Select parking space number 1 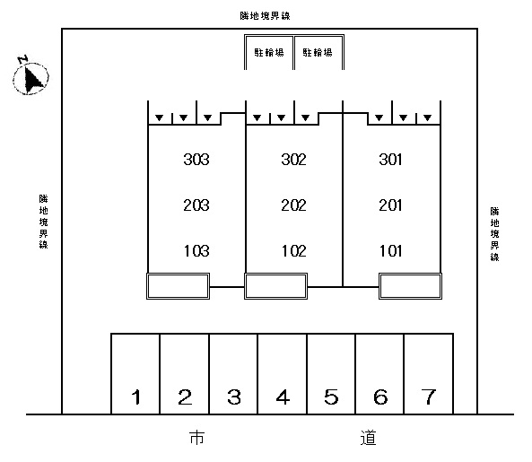click(x=135, y=374)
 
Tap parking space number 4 click(x=283, y=374)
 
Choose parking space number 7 click(x=429, y=374)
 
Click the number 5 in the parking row click(x=331, y=397)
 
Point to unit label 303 click(x=196, y=160)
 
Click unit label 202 click(x=293, y=205)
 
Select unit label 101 click(x=390, y=251)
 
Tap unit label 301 click(x=390, y=160)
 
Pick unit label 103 click(x=196, y=251)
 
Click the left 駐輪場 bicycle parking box click(x=269, y=52)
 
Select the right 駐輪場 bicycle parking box click(x=318, y=52)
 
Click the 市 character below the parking click(x=196, y=438)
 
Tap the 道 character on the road click(x=369, y=438)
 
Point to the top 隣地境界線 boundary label click(x=265, y=15)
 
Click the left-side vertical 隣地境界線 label click(x=43, y=222)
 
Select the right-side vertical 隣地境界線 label click(x=494, y=234)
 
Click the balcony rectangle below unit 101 click(x=410, y=286)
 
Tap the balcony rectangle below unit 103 click(x=178, y=286)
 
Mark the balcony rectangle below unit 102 click(x=275, y=286)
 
